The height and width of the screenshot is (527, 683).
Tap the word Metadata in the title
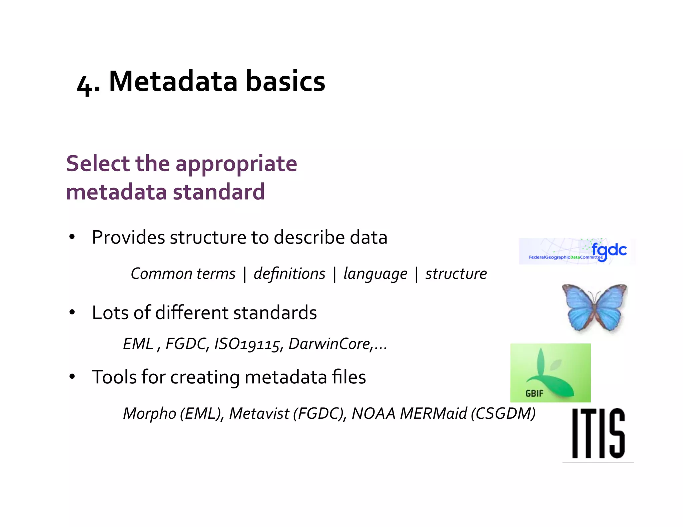point(173,82)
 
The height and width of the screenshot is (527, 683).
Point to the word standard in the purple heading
point(219,192)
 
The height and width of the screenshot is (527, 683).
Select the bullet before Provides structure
point(72,238)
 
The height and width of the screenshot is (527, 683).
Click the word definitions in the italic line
point(289,274)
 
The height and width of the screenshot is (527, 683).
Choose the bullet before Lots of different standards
point(72,313)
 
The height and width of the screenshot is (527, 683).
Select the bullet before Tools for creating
point(72,377)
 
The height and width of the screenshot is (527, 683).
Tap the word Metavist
point(259,414)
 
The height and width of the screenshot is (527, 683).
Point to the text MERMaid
point(434,414)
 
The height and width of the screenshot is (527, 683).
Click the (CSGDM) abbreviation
point(503,414)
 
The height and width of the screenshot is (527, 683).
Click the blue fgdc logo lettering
point(609,250)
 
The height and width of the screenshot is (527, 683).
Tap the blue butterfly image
point(595,307)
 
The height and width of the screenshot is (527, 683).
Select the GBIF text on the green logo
point(534,393)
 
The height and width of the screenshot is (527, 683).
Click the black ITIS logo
point(598,433)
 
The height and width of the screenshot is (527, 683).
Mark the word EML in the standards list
point(138,344)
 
